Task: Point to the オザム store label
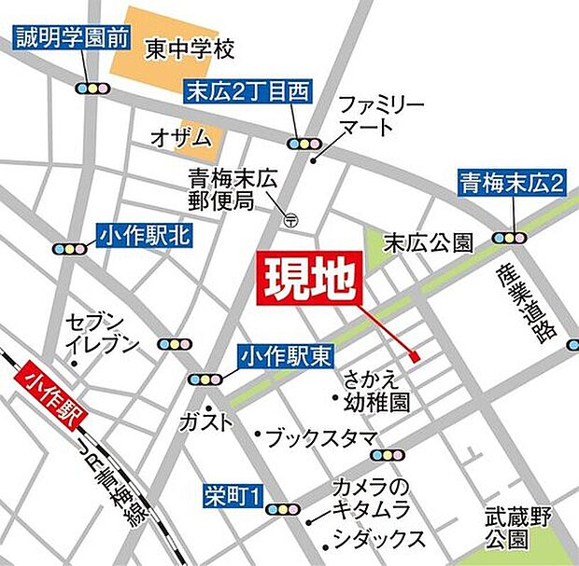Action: (x=182, y=136)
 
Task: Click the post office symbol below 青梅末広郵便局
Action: (x=291, y=220)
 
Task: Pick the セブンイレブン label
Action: (x=102, y=334)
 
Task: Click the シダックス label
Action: (x=380, y=539)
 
